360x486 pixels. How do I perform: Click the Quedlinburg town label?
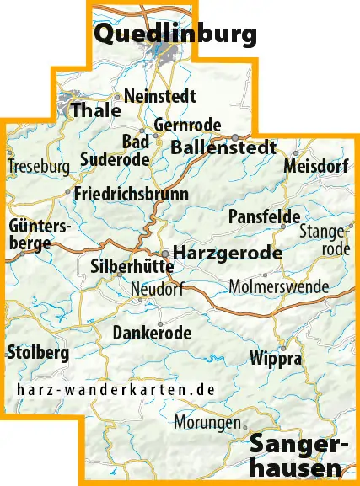click(175, 35)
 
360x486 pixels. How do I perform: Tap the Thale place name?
click(90, 110)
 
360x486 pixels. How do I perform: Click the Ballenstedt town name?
click(223, 147)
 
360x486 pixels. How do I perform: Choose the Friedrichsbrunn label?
click(132, 194)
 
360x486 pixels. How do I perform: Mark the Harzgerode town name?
click(227, 252)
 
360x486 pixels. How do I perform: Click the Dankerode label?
click(152, 333)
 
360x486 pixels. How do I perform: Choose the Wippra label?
click(276, 358)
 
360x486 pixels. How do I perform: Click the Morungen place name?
click(207, 422)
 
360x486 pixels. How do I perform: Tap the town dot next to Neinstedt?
click(118, 97)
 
